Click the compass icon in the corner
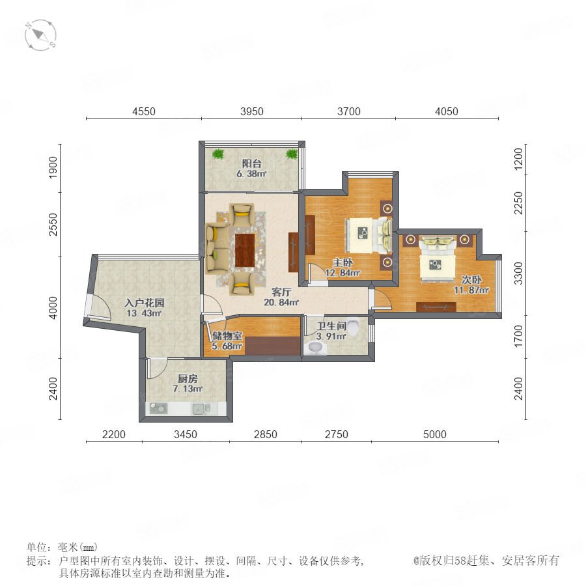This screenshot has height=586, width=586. [x=40, y=35]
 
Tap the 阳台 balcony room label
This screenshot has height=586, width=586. [x=251, y=163]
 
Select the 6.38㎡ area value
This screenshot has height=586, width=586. [x=251, y=174]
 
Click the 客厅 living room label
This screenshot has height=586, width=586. [x=281, y=292]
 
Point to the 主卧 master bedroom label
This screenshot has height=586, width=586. [x=342, y=263]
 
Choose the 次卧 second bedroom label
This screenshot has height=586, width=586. [x=471, y=279]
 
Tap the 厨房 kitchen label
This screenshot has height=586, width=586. [x=188, y=378]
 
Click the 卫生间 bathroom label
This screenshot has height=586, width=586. [x=331, y=326]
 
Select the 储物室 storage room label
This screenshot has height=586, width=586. [x=227, y=335]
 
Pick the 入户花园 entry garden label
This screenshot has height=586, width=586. [x=145, y=303]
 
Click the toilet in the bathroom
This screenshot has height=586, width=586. [x=353, y=326]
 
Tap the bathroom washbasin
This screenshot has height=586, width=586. [x=314, y=348]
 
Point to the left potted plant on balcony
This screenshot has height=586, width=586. [x=217, y=154]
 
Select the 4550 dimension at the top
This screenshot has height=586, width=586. [x=144, y=111]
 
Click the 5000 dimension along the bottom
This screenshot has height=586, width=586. [x=435, y=434]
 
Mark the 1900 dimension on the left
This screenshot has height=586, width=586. [x=53, y=167]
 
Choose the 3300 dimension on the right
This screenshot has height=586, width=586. [x=518, y=273]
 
